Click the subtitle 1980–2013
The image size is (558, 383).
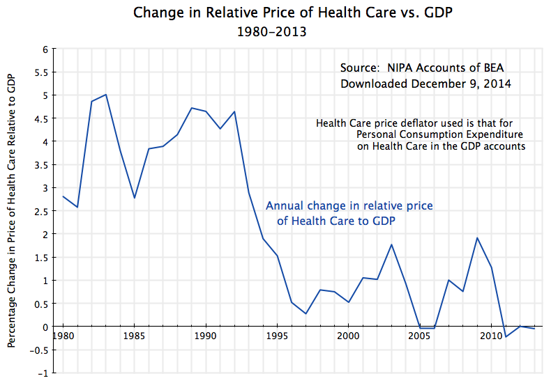pyautogui.click(x=271, y=31)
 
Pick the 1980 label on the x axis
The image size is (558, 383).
pyautogui.click(x=63, y=336)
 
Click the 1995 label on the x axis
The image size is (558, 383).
pyautogui.click(x=277, y=336)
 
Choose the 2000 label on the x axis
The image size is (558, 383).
pyautogui.click(x=348, y=336)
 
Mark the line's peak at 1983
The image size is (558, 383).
pyautogui.click(x=105, y=95)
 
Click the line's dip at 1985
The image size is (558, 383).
pyautogui.click(x=134, y=198)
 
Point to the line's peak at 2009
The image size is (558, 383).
pyautogui.click(x=476, y=238)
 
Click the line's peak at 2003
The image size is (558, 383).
pyautogui.click(x=391, y=244)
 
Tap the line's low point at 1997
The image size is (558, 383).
pyautogui.click(x=306, y=313)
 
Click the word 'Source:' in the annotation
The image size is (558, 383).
pyautogui.click(x=361, y=68)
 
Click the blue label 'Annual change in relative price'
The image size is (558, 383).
pyautogui.click(x=349, y=206)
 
